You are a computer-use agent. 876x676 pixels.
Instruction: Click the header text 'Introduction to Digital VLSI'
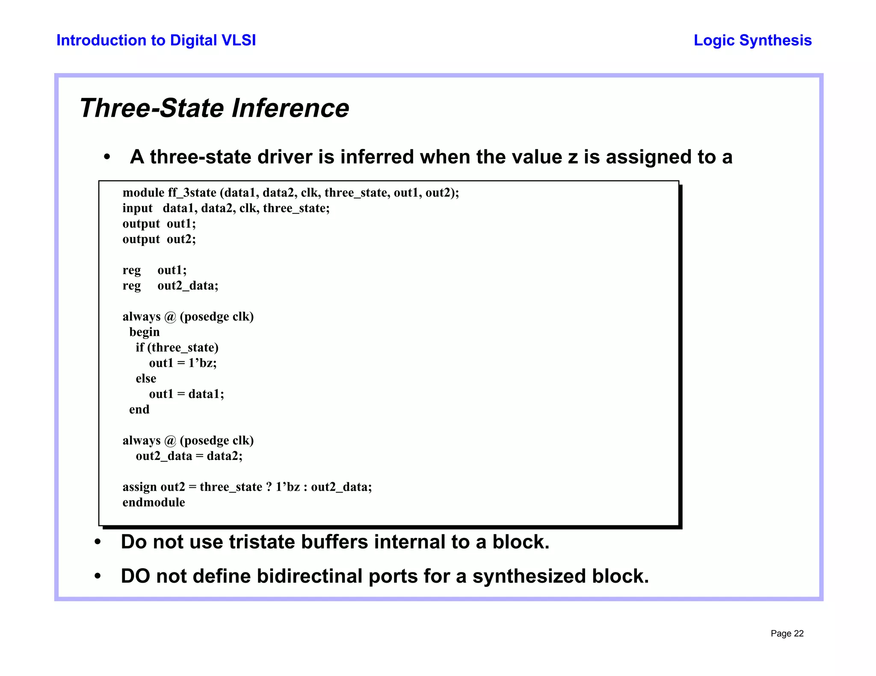(156, 40)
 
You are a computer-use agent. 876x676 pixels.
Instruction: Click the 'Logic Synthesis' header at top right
(752, 40)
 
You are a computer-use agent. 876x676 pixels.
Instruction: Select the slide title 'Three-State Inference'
(214, 108)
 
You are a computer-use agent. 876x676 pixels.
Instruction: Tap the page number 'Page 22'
(787, 634)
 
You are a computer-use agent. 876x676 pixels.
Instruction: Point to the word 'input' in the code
(137, 208)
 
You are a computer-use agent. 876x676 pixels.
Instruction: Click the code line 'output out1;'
(159, 224)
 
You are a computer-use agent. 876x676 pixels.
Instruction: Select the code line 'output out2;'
(159, 239)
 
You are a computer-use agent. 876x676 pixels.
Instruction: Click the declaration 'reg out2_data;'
(170, 285)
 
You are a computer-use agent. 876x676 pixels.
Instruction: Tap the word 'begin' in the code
(145, 332)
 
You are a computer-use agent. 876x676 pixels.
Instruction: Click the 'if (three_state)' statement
(177, 347)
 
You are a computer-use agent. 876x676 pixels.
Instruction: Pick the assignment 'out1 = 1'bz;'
(183, 363)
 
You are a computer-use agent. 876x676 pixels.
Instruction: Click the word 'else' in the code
(146, 379)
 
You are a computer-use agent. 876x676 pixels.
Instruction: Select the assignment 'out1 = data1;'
(186, 394)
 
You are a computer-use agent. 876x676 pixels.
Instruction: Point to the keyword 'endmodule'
(154, 502)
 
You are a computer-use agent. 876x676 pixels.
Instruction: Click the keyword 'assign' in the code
(139, 487)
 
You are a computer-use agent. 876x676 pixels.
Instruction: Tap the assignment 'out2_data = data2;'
(189, 456)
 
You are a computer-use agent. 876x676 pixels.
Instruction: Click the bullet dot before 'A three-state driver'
(107, 157)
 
